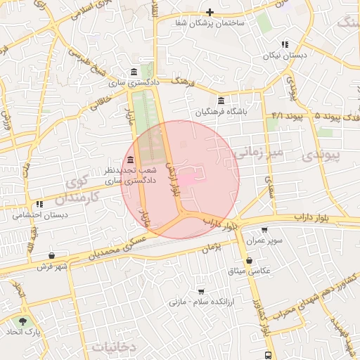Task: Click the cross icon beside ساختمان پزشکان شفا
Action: pos(210,13)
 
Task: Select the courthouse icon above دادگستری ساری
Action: pos(134,72)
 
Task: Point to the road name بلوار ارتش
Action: pos(172,176)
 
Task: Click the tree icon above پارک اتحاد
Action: pos(23,321)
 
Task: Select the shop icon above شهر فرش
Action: pos(52,255)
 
